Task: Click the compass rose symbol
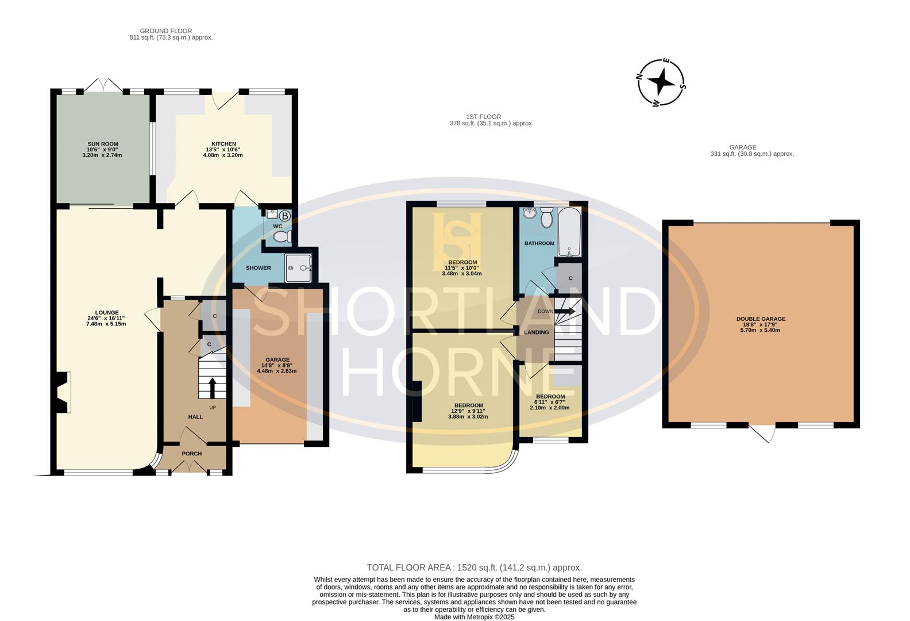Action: [x=662, y=83]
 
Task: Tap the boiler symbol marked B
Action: [x=285, y=216]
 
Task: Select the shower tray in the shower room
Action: [x=299, y=267]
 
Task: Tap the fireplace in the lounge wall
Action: [x=63, y=393]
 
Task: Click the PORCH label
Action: [x=191, y=454]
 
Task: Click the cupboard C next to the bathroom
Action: [x=570, y=278]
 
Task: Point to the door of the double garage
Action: [x=762, y=434]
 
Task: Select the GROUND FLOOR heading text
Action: [x=166, y=31]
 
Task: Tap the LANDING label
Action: [x=536, y=332]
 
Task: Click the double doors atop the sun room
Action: [x=103, y=85]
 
